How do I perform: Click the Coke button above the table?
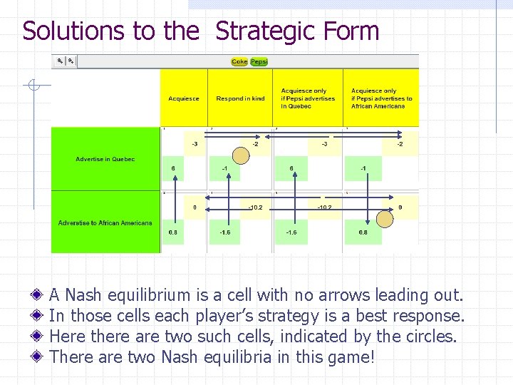coord(239,62)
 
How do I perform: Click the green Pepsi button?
coord(259,62)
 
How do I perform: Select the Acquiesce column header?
coord(184,98)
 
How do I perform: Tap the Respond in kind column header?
coord(240,98)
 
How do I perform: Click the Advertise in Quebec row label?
coord(105,159)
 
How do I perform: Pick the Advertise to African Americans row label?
coord(105,223)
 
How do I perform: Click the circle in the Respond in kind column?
coord(242,155)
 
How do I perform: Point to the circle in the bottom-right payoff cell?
coord(385,219)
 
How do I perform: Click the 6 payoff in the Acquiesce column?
coord(173,168)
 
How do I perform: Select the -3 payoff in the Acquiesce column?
coord(195,144)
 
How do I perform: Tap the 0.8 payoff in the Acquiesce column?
coord(173,232)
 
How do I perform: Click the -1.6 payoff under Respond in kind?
coord(224,232)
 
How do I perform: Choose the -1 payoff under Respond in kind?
coord(224,168)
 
